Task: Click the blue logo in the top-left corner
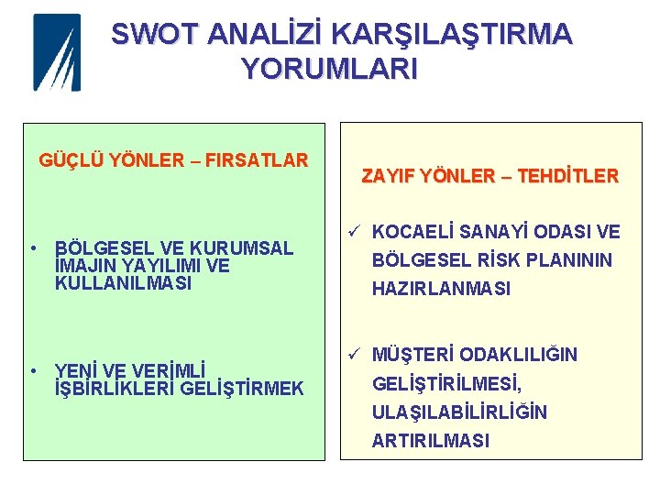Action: [57, 52]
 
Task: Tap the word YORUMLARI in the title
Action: [328, 69]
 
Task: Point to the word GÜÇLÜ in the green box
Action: [71, 160]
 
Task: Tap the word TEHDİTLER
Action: [568, 175]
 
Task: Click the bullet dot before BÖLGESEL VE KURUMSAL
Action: [32, 247]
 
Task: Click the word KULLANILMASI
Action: [124, 283]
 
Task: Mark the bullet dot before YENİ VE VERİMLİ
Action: [32, 370]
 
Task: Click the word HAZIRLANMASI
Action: [441, 289]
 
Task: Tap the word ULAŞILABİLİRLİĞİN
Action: [459, 412]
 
